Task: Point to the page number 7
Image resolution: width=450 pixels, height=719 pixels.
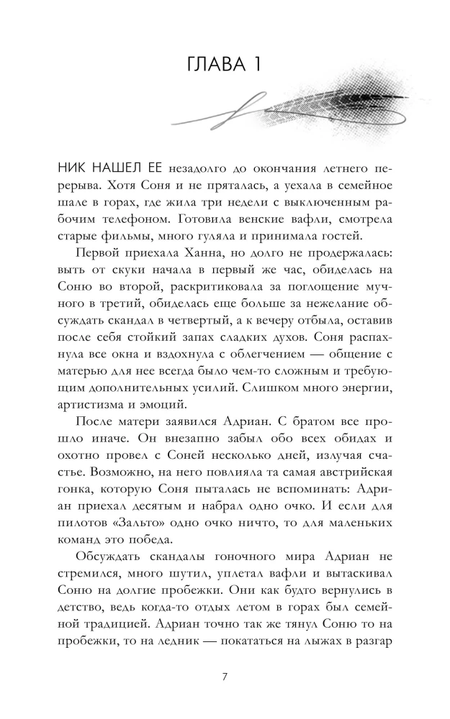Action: point(225,677)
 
